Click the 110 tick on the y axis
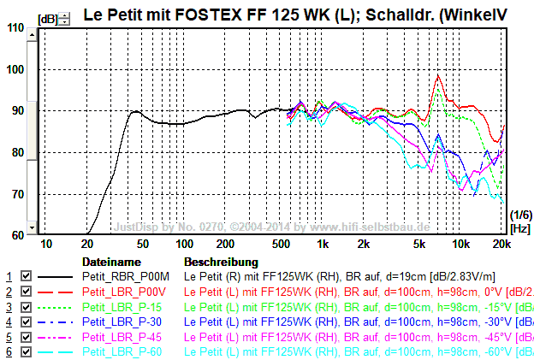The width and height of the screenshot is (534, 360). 16,27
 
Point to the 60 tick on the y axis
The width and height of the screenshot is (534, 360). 16,235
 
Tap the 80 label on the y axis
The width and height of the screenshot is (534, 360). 16,152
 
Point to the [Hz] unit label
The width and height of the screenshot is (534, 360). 519,228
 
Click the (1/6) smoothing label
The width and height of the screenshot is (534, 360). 519,215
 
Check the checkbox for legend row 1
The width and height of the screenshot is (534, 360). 26,277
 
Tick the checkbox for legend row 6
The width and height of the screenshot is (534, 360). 26,352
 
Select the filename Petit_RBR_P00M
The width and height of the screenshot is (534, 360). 120,277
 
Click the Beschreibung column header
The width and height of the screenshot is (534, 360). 221,261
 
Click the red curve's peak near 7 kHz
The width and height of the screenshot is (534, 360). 438,75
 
